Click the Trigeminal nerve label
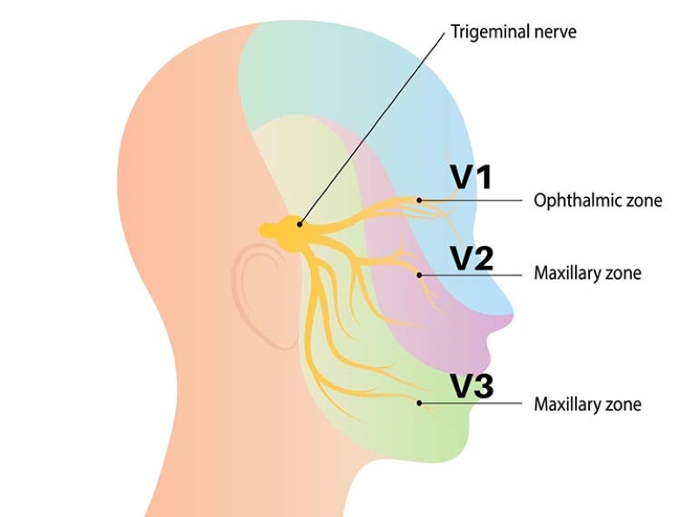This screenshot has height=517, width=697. (513, 32)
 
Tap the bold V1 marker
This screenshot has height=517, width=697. (471, 177)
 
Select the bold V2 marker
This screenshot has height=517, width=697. (471, 259)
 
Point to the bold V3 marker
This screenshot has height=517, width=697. (471, 386)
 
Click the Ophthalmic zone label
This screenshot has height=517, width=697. (598, 201)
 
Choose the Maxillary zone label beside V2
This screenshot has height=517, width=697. (587, 273)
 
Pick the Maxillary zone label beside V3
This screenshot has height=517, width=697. (587, 404)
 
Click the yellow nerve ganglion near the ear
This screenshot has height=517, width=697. (288, 229)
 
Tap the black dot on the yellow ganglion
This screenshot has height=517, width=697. (301, 225)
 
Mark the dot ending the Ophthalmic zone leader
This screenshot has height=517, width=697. (419, 200)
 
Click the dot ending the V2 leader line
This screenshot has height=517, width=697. (420, 275)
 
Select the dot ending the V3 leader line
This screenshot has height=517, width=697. (420, 403)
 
